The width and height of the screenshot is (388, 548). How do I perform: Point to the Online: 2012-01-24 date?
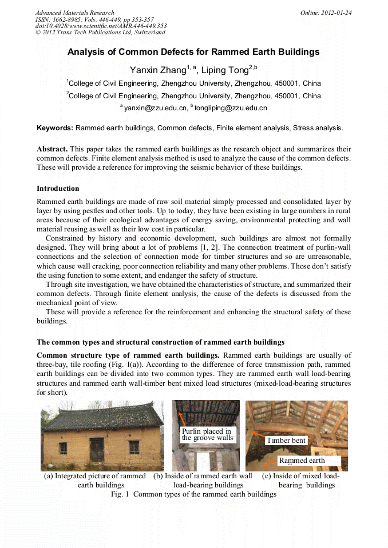[x=325, y=13]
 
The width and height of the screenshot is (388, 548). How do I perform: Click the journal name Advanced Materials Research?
[x=74, y=13]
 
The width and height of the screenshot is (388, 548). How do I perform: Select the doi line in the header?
[x=101, y=26]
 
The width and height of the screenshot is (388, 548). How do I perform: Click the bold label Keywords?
[x=55, y=128]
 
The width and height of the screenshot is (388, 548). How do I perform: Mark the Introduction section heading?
[x=58, y=188]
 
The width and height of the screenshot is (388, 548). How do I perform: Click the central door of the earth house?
[x=96, y=449]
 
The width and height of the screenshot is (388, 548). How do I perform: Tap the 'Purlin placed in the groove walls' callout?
[x=207, y=435]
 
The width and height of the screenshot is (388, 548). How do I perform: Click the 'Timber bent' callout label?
[x=286, y=441]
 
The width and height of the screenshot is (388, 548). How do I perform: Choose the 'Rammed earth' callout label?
[x=302, y=460]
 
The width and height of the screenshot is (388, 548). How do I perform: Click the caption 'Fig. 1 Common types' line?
[x=193, y=494]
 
